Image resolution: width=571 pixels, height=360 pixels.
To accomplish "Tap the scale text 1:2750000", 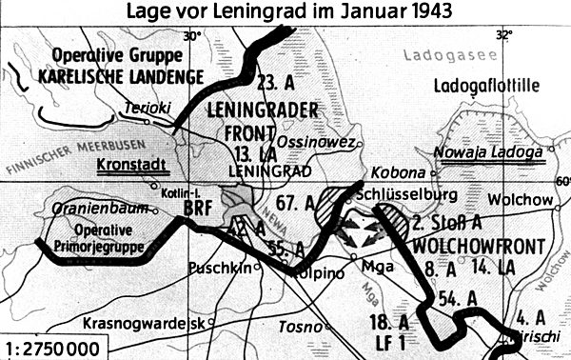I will pos(52,346).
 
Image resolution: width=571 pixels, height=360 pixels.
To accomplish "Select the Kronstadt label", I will pos(131,166).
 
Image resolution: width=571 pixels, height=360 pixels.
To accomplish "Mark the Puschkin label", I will pos(223,268).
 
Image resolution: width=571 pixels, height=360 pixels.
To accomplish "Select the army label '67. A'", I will pos(298,202).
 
